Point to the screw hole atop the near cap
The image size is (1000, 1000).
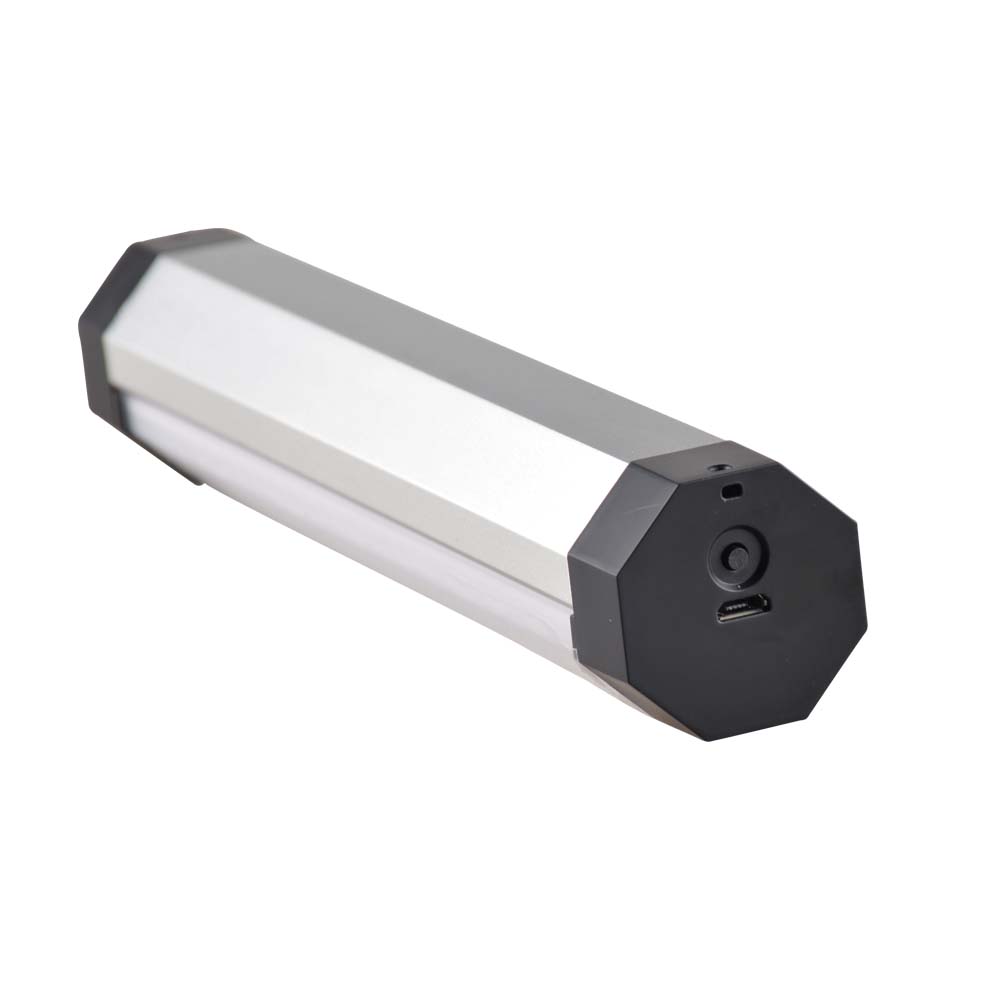(717, 467)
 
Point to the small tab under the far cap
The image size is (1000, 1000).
(195, 475)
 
